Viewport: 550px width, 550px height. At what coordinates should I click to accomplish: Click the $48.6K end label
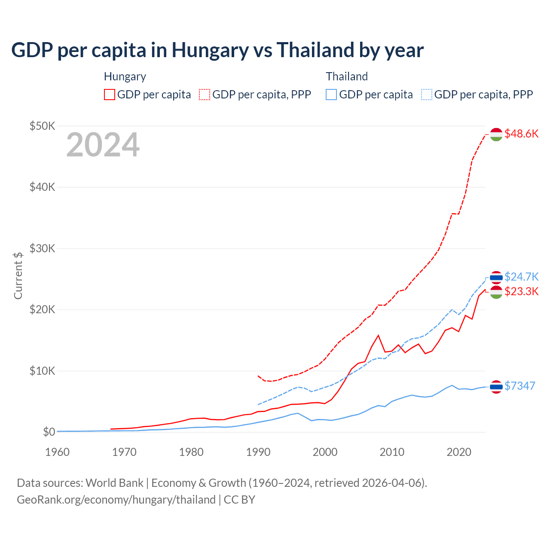pos(521,134)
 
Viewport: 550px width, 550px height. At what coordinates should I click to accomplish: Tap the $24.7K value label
pos(521,276)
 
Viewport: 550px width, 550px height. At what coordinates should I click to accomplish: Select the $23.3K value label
pos(521,291)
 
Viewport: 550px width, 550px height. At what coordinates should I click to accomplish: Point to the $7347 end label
pos(519,386)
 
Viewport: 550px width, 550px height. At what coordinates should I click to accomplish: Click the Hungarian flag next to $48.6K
pos(496,134)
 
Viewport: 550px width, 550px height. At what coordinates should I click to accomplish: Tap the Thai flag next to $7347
pos(496,387)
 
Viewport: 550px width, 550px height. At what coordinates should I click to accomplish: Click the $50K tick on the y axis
pos(42,126)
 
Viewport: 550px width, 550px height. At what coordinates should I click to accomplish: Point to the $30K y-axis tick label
pos(42,248)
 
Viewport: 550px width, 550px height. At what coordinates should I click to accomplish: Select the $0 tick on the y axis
pos(49,432)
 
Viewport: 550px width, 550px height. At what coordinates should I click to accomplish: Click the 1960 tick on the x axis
pos(57,452)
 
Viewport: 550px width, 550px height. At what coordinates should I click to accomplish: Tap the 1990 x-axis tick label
pos(258,452)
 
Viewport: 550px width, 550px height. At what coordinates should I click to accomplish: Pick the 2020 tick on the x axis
pos(458,452)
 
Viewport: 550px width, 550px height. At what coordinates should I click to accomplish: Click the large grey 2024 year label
pos(103,145)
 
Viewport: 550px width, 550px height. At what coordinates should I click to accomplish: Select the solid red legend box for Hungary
pos(110,95)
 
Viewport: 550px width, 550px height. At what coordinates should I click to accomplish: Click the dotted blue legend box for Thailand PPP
pos(427,95)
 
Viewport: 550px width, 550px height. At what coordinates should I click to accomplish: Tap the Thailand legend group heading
pos(347,76)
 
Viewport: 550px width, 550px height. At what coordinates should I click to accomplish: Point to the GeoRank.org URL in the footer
pos(116,500)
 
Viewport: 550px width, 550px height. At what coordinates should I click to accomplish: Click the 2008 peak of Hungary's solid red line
pos(378,335)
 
